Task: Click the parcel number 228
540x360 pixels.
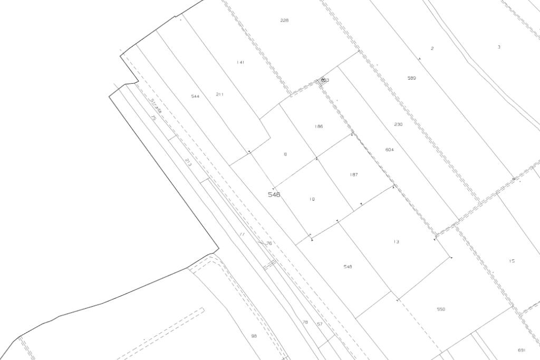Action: point(284,21)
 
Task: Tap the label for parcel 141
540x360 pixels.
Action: point(240,62)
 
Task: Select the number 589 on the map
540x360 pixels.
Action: point(411,78)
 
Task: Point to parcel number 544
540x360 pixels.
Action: point(195,96)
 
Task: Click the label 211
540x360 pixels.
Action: point(220,94)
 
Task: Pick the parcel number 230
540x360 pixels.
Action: point(398,124)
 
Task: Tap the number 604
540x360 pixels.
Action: point(390,150)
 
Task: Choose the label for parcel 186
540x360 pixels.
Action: point(319,127)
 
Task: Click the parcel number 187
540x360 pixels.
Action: point(354,174)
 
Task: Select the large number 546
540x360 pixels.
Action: point(274,194)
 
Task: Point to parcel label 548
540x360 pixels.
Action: point(348,267)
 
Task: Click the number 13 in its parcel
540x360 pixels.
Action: point(396,242)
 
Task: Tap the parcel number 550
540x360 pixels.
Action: point(441,309)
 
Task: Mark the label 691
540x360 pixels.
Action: point(522,350)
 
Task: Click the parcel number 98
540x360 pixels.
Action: point(254,336)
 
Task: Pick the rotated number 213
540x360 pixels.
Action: point(188,162)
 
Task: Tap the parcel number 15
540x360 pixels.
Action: point(512,261)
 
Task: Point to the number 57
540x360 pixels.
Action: point(320,324)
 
